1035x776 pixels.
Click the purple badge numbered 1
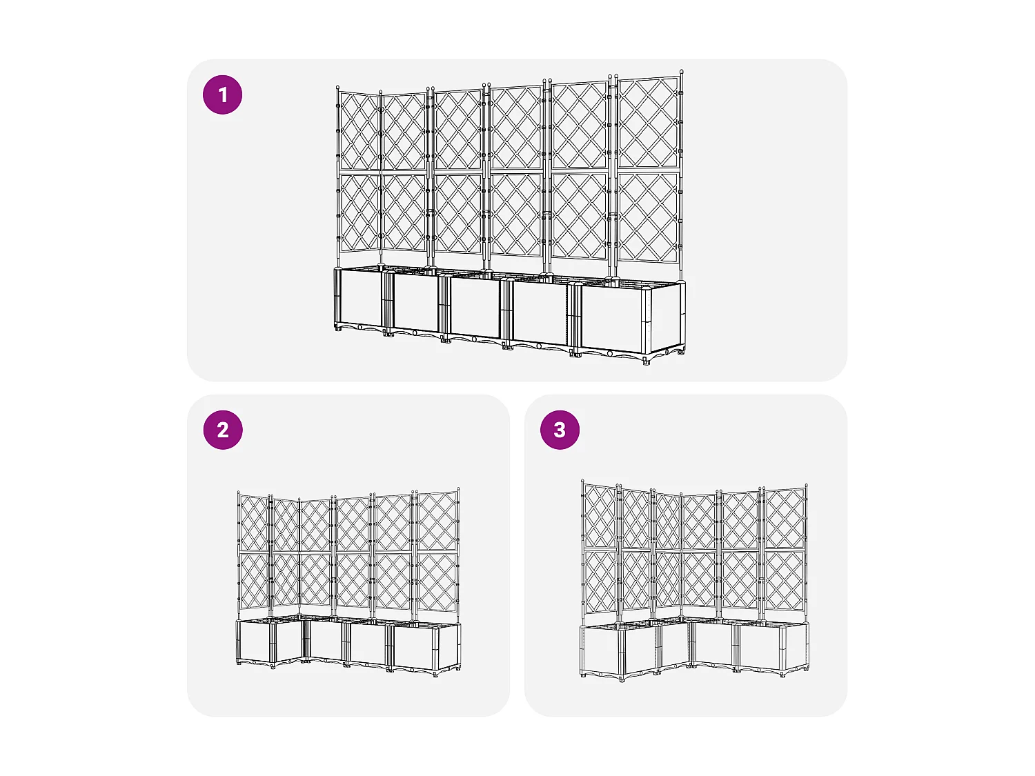pyautogui.click(x=222, y=94)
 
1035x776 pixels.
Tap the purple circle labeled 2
pyautogui.click(x=222, y=430)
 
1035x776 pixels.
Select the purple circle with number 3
pyautogui.click(x=560, y=430)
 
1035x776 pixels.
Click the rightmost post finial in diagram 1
pyautogui.click(x=682, y=72)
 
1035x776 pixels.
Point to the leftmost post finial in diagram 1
pyautogui.click(x=337, y=88)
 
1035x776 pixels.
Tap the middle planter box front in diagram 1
pyautogui.click(x=475, y=308)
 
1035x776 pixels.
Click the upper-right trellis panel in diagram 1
pyautogui.click(x=648, y=122)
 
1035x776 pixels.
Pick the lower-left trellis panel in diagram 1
pyautogui.click(x=359, y=212)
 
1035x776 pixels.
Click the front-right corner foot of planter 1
pyautogui.click(x=646, y=360)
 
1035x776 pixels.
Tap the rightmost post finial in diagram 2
pyautogui.click(x=458, y=490)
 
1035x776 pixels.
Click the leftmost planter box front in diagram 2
pyautogui.click(x=254, y=641)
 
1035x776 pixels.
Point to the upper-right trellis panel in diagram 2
pyautogui.click(x=437, y=521)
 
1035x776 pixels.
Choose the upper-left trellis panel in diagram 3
pyautogui.click(x=600, y=516)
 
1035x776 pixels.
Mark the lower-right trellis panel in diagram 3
pyautogui.click(x=785, y=581)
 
